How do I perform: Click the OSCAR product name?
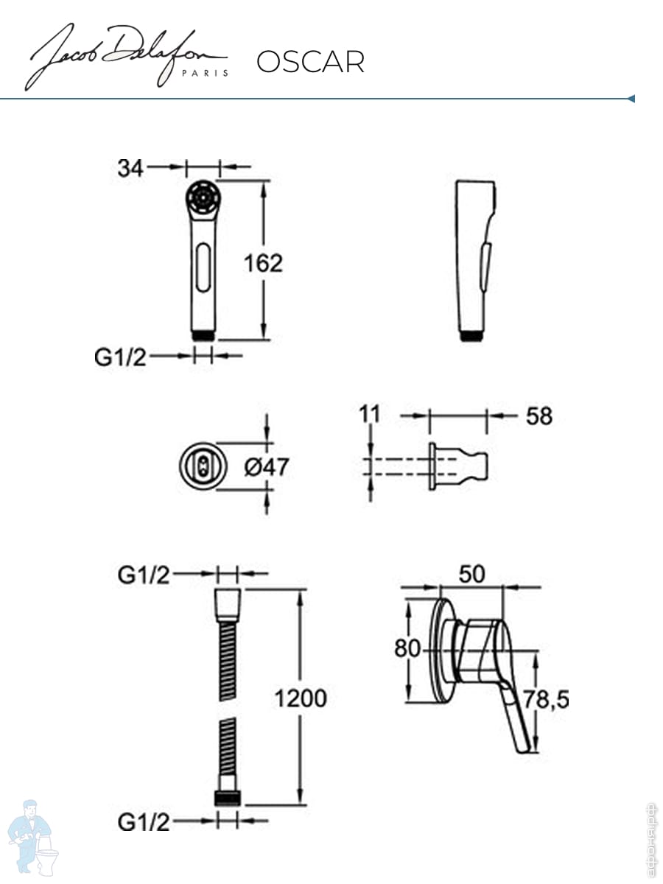pos(310,62)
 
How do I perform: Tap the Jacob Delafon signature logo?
pos(127,57)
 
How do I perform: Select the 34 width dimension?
pos(130,168)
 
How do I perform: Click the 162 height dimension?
pos(263,264)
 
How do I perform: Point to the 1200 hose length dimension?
pos(301,698)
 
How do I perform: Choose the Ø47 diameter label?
pos(266,467)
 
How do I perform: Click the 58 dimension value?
pos(539,416)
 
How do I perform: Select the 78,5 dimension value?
pos(546,699)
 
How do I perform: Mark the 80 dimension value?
pos(407,648)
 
